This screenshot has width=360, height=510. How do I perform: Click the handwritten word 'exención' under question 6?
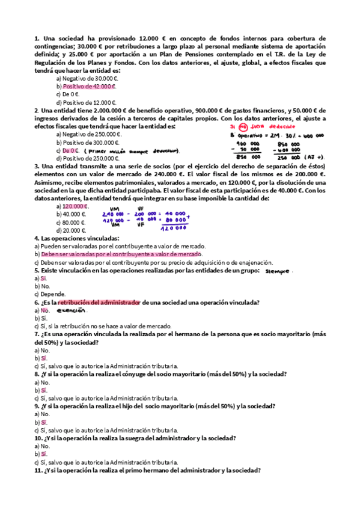72,311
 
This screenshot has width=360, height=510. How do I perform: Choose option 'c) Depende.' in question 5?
50,295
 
